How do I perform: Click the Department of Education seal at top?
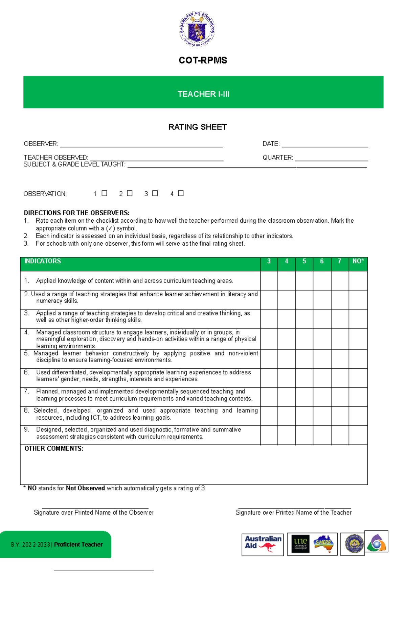[197, 29]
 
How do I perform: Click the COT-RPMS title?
[203, 60]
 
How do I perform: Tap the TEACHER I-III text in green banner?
[203, 94]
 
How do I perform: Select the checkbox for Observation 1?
[105, 193]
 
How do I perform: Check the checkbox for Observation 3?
[155, 193]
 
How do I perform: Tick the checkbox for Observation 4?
[181, 193]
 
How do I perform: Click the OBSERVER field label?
[41, 144]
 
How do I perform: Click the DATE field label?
[271, 144]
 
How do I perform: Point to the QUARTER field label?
[278, 158]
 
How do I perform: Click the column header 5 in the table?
[304, 261]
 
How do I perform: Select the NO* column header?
[358, 261]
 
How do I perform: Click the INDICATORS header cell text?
[43, 261]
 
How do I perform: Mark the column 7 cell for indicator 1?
[340, 280]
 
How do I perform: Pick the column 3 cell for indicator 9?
[269, 435]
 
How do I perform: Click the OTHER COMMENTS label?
[54, 449]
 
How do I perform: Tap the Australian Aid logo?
[263, 544]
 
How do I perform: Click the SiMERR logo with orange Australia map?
[323, 544]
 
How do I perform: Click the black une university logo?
[300, 544]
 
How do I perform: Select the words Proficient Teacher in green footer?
[78, 544]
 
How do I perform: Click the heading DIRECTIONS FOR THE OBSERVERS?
[76, 213]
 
